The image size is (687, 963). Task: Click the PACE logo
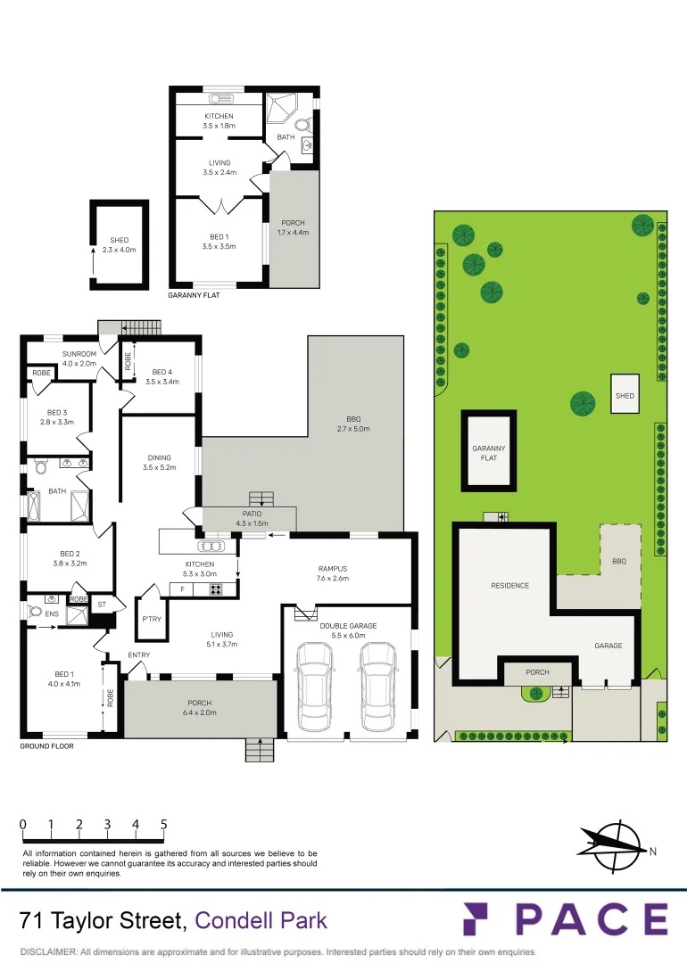565,919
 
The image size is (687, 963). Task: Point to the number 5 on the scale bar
164,825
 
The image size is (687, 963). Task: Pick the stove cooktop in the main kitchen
215,588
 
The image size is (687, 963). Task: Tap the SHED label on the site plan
625,395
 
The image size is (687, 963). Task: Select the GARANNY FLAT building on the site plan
488,450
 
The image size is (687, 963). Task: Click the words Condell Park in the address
261,921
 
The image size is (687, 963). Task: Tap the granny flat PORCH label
293,227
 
